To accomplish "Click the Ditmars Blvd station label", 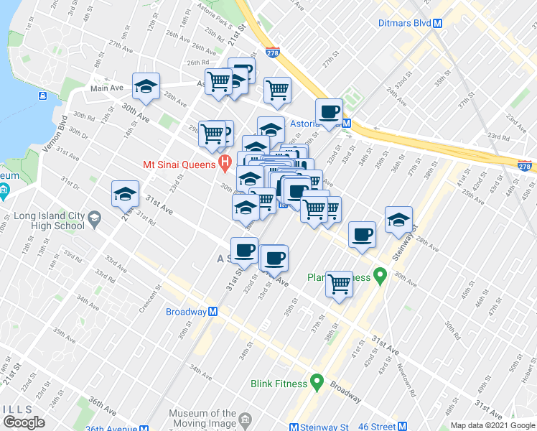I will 404,23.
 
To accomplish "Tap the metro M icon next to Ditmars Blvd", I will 437,23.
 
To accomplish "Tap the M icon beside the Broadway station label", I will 213,312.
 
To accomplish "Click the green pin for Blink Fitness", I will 316,383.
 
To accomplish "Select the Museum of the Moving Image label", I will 202,419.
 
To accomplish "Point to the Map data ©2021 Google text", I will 493,426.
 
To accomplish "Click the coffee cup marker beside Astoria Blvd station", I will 330,112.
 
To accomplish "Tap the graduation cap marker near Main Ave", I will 146,87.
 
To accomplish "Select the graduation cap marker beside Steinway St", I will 398,221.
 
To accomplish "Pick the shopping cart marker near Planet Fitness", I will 340,284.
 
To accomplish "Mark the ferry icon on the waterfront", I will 44,96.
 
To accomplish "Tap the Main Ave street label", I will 106,88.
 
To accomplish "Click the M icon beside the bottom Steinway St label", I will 294,427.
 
